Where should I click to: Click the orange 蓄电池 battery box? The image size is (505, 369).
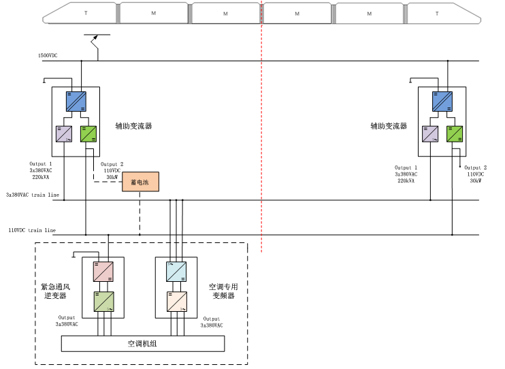[x=140, y=182]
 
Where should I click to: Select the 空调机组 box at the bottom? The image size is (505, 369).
[x=143, y=344]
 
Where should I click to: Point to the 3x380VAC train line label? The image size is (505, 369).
[x=33, y=195]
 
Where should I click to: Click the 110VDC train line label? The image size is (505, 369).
[x=32, y=230]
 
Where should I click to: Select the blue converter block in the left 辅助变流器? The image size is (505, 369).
[x=76, y=101]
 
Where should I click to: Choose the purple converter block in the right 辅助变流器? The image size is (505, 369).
[x=430, y=133]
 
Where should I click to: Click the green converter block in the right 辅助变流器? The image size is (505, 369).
[x=455, y=133]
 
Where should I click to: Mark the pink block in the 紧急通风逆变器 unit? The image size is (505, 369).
[x=103, y=272]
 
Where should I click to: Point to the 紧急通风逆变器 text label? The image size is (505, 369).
[x=55, y=291]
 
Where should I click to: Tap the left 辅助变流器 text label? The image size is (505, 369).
[x=133, y=126]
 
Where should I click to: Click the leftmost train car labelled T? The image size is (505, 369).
[x=82, y=13]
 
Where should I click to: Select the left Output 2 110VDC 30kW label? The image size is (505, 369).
[x=112, y=170]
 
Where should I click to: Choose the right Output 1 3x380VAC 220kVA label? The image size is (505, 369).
[x=406, y=174]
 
